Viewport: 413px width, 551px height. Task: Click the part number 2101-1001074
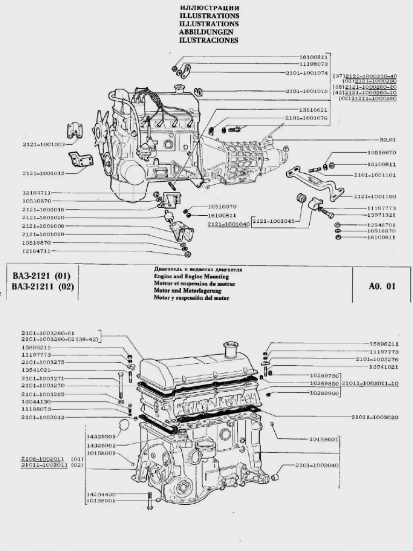(x=307, y=72)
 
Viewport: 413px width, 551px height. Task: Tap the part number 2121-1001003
(x=44, y=144)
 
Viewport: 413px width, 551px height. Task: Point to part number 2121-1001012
(x=44, y=173)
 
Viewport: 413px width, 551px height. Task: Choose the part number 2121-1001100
(x=375, y=196)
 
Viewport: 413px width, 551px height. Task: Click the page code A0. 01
(x=382, y=286)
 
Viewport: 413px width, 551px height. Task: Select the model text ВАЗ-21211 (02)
(x=42, y=286)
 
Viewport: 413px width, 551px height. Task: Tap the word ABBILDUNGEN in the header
(x=209, y=32)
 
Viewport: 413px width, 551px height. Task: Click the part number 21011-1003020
(x=375, y=417)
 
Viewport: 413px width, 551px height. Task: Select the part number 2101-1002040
(x=317, y=465)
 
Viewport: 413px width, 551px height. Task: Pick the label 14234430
(x=101, y=494)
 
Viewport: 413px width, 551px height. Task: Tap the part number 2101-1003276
(x=377, y=359)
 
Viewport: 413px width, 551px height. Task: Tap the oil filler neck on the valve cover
(x=231, y=348)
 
